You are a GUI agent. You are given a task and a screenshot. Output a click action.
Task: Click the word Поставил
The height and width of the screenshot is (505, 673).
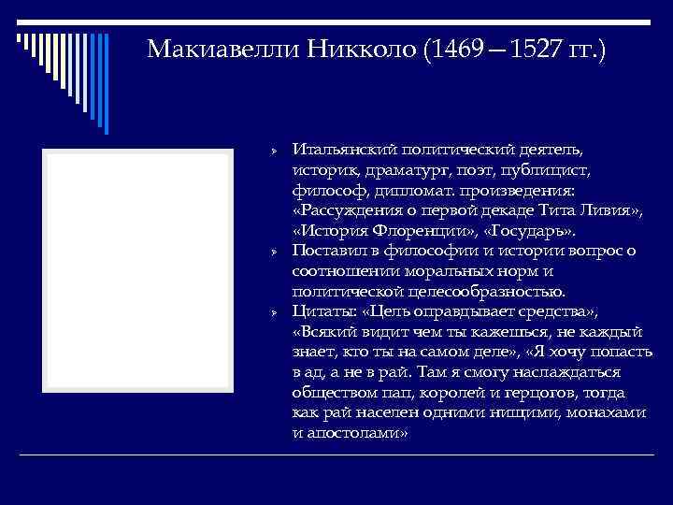327,250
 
